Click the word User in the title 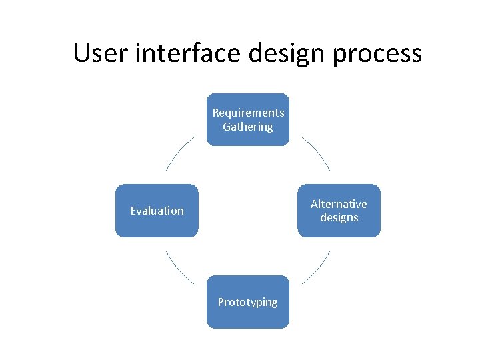[x=101, y=53]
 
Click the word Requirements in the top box [x=248, y=113]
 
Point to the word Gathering [x=248, y=127]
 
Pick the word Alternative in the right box [x=339, y=204]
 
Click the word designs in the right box [x=339, y=217]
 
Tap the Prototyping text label [x=248, y=302]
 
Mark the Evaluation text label [x=157, y=211]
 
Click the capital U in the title [x=82, y=53]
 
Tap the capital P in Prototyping [x=221, y=302]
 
